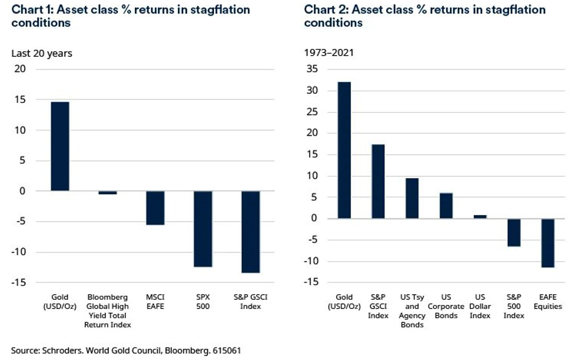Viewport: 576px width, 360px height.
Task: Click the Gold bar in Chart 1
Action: (60, 146)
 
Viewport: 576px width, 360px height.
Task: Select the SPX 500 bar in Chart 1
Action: (203, 229)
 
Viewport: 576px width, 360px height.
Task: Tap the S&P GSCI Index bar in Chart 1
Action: (251, 231)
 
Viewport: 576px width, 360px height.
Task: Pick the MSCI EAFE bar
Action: (155, 208)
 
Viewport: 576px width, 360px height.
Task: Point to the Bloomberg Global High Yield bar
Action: (108, 193)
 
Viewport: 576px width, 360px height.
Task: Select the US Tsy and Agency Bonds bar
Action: (412, 198)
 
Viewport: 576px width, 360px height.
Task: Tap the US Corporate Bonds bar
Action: (446, 206)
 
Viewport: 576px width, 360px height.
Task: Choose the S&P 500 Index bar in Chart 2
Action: (514, 232)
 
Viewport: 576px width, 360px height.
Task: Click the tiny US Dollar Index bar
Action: (479, 217)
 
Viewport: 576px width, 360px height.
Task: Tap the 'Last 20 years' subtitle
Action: (42, 53)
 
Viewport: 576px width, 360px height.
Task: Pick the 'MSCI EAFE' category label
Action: (155, 302)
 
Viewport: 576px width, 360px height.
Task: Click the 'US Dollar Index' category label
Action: (480, 306)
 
